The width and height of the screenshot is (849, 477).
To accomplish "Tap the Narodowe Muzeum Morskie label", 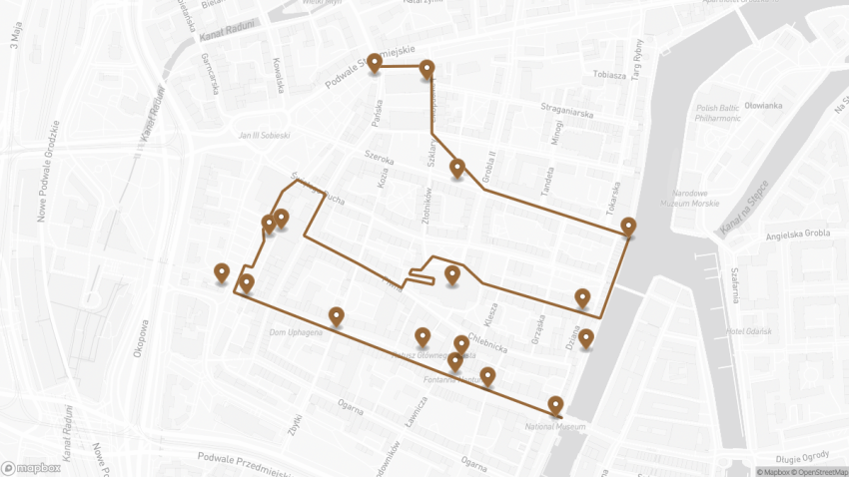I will coord(697,199).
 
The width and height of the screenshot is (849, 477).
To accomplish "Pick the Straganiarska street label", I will coord(566,113).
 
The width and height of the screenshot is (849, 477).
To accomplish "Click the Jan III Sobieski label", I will coord(264,135).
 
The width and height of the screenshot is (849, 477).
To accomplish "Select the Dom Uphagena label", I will coord(296,332).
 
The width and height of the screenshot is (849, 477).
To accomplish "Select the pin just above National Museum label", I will coord(556,405).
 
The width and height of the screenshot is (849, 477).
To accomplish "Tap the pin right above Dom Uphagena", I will coord(337,316).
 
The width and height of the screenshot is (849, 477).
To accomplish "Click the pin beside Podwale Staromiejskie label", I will coord(375,63).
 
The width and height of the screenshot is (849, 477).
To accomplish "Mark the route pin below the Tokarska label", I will coord(627,227).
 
